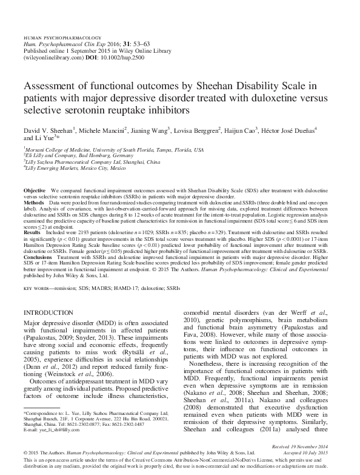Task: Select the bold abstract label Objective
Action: click(34, 190)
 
